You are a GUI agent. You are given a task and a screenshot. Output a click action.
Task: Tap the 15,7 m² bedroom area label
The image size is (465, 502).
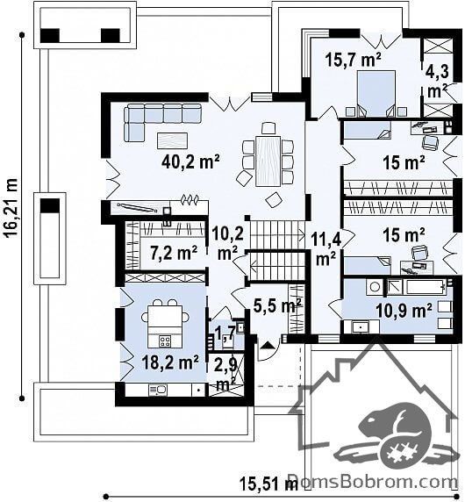click(354, 60)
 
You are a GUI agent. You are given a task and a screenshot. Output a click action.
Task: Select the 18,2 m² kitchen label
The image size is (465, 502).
click(170, 363)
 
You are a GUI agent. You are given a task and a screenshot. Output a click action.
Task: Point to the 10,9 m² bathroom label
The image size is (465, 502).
click(404, 310)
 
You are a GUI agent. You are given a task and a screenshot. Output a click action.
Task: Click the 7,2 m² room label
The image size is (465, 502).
click(174, 253)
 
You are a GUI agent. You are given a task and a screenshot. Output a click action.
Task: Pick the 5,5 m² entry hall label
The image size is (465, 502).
click(277, 305)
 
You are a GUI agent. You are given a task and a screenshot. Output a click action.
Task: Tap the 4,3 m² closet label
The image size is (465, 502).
click(437, 82)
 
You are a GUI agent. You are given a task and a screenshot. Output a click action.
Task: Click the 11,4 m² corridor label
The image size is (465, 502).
click(325, 249)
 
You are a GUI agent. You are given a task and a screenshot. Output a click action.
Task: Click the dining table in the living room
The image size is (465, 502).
click(268, 161)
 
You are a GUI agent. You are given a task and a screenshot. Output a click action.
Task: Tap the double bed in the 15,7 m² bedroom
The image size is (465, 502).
click(376, 94)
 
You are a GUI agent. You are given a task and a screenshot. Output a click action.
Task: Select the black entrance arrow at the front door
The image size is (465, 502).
click(268, 345)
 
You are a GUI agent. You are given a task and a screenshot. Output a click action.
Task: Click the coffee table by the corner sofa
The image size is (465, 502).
click(173, 141)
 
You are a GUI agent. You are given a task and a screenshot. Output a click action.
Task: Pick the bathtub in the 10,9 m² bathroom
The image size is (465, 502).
click(417, 286)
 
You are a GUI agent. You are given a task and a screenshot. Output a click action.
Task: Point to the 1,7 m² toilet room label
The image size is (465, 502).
click(226, 334)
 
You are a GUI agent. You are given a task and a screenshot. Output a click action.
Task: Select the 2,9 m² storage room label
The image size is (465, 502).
click(226, 373)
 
